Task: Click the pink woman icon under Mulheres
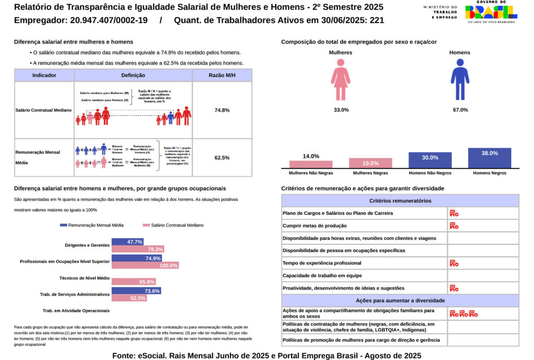pos(341,79)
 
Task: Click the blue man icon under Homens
pos(459,79)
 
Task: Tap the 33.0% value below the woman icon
pos(341,110)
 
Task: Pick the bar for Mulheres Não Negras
pos(311,164)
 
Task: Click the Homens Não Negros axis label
pos(430,173)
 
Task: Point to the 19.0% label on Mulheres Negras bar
pos(370,163)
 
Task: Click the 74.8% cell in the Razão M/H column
pos(222,110)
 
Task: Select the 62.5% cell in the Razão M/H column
pos(222,158)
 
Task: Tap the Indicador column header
pos(44,75)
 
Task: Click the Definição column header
pos(133,75)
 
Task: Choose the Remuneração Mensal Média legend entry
pos(92,225)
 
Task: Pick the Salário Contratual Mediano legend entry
pos(173,225)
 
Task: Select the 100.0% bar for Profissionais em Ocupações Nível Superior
pos(145,265)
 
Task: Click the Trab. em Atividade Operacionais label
pos(76,310)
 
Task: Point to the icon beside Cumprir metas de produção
pos(454,226)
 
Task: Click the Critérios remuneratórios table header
pos(400,201)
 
